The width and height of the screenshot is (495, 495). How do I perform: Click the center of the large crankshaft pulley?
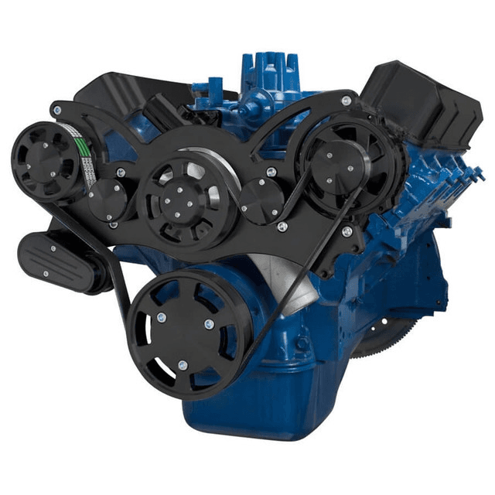click(x=182, y=333)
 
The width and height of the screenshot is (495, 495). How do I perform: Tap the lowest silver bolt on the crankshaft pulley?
click(x=183, y=364)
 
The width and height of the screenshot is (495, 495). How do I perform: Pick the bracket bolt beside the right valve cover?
click(x=345, y=101)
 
